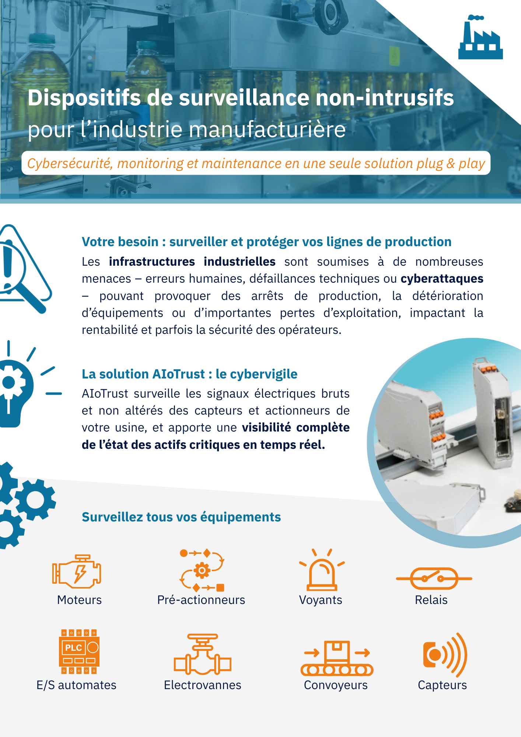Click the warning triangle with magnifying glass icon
24,269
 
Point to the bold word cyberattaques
442,279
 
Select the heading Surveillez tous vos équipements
181,517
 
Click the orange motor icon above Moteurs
77,571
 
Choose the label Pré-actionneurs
201,600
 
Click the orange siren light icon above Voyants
322,570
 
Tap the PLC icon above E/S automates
79,652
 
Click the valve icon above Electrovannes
202,655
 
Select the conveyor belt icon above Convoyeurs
337,659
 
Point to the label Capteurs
442,685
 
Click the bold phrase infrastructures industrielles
192,262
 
